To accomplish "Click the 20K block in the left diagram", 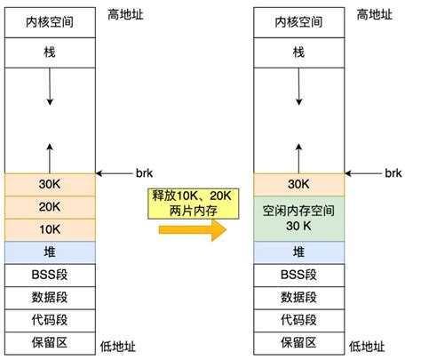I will click(50, 207).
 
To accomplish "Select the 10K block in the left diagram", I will click(50, 229).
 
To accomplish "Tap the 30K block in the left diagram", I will click(50, 185).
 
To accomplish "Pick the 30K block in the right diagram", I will click(298, 185).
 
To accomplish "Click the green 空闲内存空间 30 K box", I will click(298, 219).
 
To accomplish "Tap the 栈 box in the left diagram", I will click(50, 52).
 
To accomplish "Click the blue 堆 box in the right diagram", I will click(298, 252).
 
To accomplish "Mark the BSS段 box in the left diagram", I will click(50, 275).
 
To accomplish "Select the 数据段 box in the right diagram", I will click(298, 297).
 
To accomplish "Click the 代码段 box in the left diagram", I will click(50, 319).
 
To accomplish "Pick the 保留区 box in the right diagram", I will click(298, 342).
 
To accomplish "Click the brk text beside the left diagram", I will click(146, 172).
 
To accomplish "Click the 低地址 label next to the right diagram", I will click(368, 346).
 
